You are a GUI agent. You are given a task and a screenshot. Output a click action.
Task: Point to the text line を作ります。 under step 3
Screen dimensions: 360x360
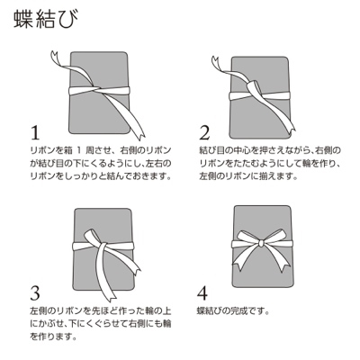pyautogui.click(x=57, y=338)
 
